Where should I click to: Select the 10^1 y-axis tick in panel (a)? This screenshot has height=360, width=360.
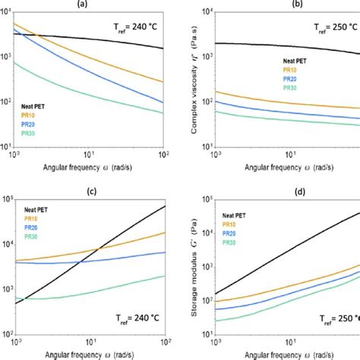(x=6, y=147)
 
